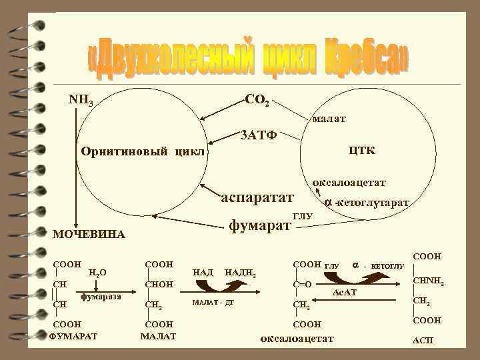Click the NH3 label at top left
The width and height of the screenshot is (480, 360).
tap(81, 101)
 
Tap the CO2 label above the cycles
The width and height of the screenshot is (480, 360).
tap(257, 101)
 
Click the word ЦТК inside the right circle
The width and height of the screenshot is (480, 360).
tap(361, 150)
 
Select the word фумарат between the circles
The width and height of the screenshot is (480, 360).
tap(260, 225)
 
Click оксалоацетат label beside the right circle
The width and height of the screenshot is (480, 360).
tap(349, 181)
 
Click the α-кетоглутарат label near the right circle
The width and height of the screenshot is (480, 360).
tap(367, 201)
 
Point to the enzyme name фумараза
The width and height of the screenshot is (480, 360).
tap(101, 295)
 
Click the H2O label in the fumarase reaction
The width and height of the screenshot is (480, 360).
tap(97, 272)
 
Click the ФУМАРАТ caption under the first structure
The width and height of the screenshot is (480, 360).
tap(73, 335)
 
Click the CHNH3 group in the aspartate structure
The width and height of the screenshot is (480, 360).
tap(429, 281)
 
